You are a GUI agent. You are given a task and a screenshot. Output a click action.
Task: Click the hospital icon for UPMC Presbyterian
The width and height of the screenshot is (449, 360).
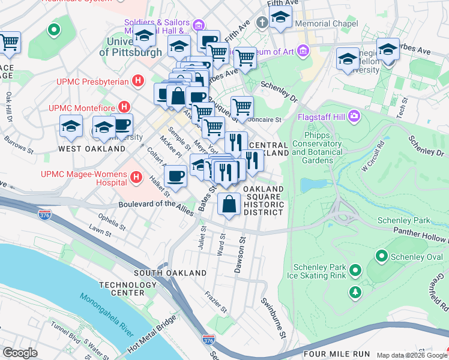(139, 80)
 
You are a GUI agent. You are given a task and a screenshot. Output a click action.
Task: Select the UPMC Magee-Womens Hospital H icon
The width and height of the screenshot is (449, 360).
(136, 178)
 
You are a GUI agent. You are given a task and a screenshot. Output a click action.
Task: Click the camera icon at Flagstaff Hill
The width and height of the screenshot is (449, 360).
(355, 114)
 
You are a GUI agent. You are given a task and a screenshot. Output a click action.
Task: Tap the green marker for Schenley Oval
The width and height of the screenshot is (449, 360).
(381, 257)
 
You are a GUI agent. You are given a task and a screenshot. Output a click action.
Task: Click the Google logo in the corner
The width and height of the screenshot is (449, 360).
(20, 353)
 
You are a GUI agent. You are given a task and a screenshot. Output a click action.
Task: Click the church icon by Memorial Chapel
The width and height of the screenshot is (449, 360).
(261, 23)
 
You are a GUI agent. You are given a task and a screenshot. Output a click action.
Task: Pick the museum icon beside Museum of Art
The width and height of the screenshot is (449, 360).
(304, 51)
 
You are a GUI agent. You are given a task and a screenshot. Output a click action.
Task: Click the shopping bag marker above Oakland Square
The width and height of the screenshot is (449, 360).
(229, 204)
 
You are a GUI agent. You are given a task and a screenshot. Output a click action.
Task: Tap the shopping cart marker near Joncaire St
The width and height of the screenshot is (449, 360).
(242, 107)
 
